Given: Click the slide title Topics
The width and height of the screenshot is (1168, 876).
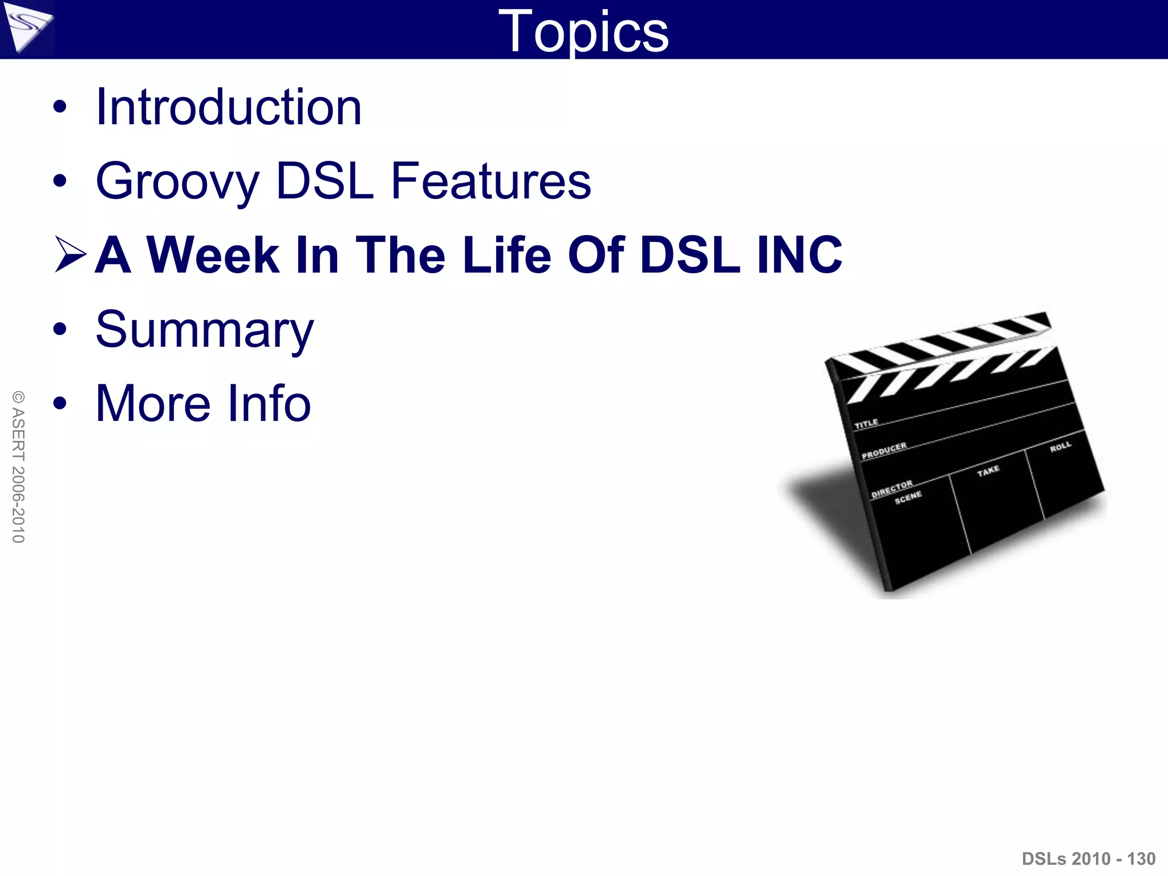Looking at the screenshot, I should click(x=583, y=31).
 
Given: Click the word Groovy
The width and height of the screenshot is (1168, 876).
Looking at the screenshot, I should click(x=177, y=181).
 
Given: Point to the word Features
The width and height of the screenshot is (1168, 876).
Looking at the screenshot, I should click(x=490, y=181).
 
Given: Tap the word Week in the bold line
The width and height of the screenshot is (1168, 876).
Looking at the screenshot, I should click(x=213, y=255).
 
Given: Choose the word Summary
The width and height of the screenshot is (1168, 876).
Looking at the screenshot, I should click(x=205, y=330).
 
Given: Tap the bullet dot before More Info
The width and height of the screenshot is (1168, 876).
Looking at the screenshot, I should click(x=60, y=404).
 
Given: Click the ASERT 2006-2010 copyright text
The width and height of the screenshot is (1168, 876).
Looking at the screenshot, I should click(x=18, y=467).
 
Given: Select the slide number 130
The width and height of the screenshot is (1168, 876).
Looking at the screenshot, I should click(x=1141, y=858).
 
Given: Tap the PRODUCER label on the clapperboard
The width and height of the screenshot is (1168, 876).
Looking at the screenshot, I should click(x=883, y=451).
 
